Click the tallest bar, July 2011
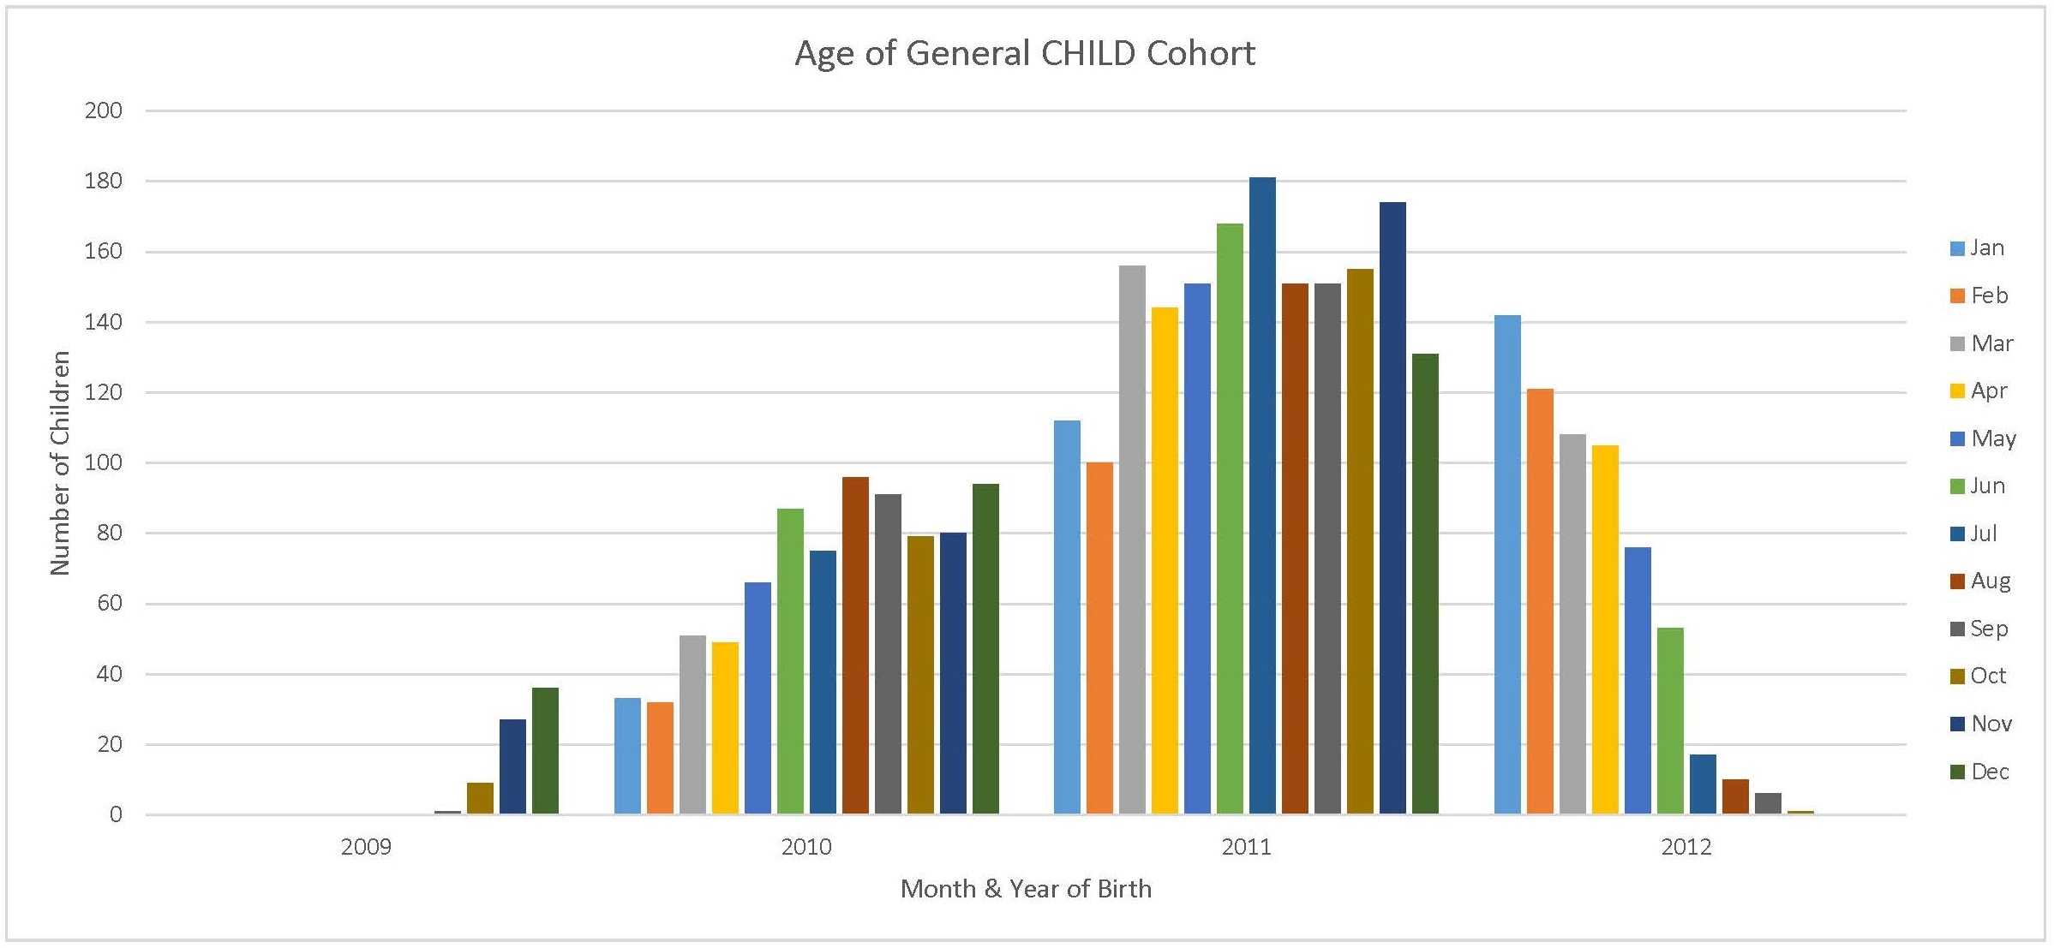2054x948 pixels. pos(1262,497)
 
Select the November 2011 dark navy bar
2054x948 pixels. pos(1392,509)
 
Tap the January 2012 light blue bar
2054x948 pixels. pos(1507,565)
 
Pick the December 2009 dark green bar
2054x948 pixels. pos(545,751)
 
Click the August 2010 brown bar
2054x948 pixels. pos(855,646)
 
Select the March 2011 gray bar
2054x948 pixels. pos(1132,540)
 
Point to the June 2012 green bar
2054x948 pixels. pos(1670,721)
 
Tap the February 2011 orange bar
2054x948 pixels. pos(1099,638)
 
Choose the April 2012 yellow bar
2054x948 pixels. pos(1605,629)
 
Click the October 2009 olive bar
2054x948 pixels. pos(480,798)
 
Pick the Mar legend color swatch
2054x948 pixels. pos(1957,344)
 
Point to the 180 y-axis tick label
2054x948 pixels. pos(104,181)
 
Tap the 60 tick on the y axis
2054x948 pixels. pos(109,603)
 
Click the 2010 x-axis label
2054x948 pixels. pos(806,847)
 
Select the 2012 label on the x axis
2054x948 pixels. pos(1686,847)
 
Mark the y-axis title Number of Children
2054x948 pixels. pos(59,462)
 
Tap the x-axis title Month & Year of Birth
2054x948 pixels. pos(1026,889)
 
